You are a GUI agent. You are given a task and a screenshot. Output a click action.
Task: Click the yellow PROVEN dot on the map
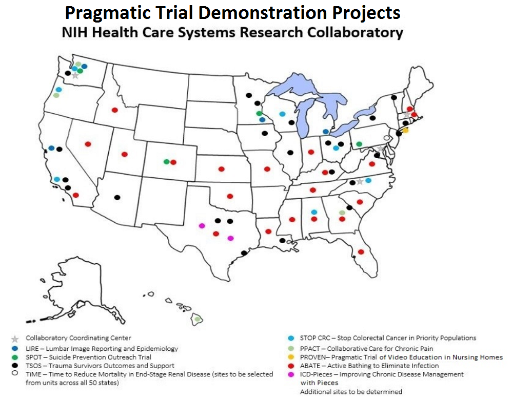(x=406, y=131)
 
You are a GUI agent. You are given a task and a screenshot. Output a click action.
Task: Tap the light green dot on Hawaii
(x=197, y=319)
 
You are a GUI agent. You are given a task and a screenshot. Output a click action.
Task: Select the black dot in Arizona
(x=117, y=197)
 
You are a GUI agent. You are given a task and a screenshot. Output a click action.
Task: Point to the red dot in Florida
(x=361, y=252)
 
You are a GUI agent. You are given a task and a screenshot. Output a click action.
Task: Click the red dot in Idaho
(x=114, y=110)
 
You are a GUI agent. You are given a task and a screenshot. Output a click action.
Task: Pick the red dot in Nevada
(x=88, y=144)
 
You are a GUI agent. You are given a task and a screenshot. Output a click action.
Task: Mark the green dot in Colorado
(x=167, y=161)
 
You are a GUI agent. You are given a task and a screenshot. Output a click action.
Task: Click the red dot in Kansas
(x=222, y=169)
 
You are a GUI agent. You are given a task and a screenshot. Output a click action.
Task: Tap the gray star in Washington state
(x=75, y=76)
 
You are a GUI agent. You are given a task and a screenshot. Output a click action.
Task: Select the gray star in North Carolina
(x=360, y=181)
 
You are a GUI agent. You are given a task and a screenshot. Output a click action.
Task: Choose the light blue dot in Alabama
(x=314, y=212)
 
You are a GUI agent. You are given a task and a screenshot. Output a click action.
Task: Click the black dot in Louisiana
(x=283, y=241)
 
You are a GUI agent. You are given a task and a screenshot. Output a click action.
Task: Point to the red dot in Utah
(x=124, y=154)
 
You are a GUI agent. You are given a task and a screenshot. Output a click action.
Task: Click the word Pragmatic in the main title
(x=108, y=13)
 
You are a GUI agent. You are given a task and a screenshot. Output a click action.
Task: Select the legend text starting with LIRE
(x=102, y=349)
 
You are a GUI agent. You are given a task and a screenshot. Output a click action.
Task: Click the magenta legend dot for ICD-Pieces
(x=291, y=374)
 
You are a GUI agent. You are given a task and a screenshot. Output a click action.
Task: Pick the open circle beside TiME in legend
(x=15, y=373)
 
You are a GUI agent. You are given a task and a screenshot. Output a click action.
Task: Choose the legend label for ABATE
(x=369, y=366)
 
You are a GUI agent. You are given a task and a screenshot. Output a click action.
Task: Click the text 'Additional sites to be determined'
(x=351, y=392)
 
